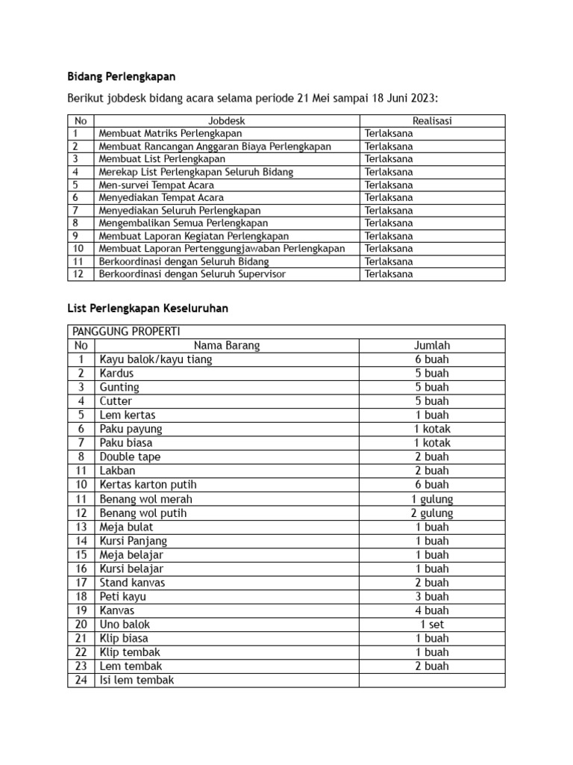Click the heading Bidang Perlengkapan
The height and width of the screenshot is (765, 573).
pyautogui.click(x=122, y=77)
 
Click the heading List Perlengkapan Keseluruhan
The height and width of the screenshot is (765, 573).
pyautogui.click(x=148, y=308)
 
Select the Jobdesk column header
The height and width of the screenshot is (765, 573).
pyautogui.click(x=227, y=120)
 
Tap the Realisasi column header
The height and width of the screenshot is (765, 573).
pyautogui.click(x=432, y=120)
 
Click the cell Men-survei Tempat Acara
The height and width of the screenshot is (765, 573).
pyautogui.click(x=157, y=185)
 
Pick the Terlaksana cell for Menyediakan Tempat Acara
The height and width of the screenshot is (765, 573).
pyautogui.click(x=389, y=197)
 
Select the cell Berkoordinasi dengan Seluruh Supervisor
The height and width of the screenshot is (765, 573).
pyautogui.click(x=192, y=274)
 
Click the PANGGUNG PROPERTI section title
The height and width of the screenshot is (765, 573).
pyautogui.click(x=126, y=332)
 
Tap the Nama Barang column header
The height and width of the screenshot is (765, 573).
pyautogui.click(x=227, y=345)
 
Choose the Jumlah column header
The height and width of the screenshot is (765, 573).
pyautogui.click(x=432, y=345)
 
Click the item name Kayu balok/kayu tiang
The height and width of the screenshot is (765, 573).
pyautogui.click(x=156, y=359)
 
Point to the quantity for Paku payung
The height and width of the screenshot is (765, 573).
pyautogui.click(x=432, y=429)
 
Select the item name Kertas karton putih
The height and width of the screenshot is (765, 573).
pyautogui.click(x=148, y=485)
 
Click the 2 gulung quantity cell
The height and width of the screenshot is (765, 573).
pyautogui.click(x=432, y=513)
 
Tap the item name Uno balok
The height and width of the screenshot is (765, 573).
pyautogui.click(x=125, y=624)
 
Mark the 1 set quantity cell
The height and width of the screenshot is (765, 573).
pyautogui.click(x=432, y=624)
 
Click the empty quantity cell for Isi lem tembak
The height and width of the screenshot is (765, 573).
pyautogui.click(x=432, y=680)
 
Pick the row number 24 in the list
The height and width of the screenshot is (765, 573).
pyautogui.click(x=81, y=680)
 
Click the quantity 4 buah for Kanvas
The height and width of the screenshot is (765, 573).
pyautogui.click(x=432, y=610)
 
